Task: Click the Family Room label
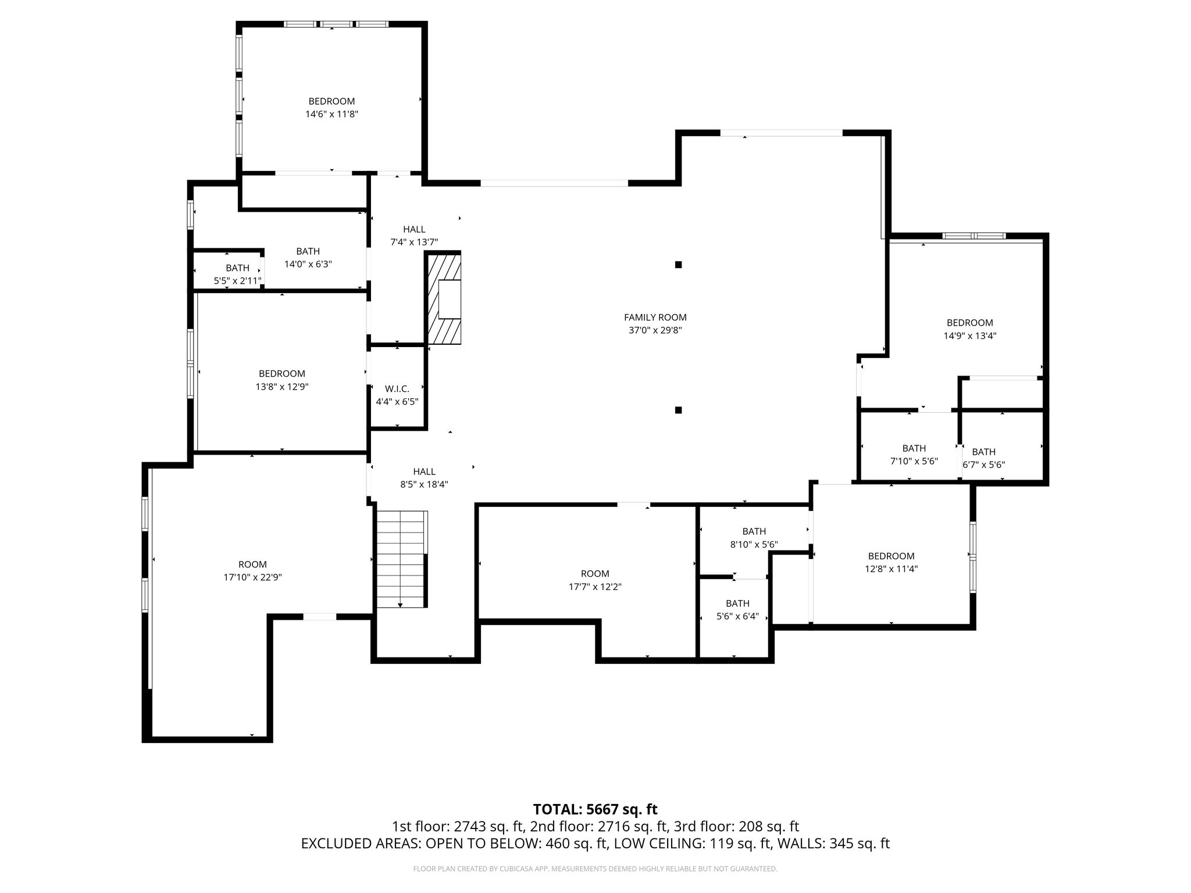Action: click(x=655, y=317)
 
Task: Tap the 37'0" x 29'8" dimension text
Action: click(x=655, y=330)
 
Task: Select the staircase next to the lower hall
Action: click(x=402, y=559)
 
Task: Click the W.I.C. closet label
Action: click(x=397, y=389)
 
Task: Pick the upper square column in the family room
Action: click(x=678, y=265)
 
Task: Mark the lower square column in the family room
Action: click(x=678, y=410)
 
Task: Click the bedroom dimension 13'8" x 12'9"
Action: click(x=282, y=387)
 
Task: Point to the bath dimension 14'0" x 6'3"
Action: click(x=308, y=264)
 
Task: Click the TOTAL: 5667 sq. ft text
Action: click(x=595, y=809)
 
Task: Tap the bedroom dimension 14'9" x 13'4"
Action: click(x=969, y=335)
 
